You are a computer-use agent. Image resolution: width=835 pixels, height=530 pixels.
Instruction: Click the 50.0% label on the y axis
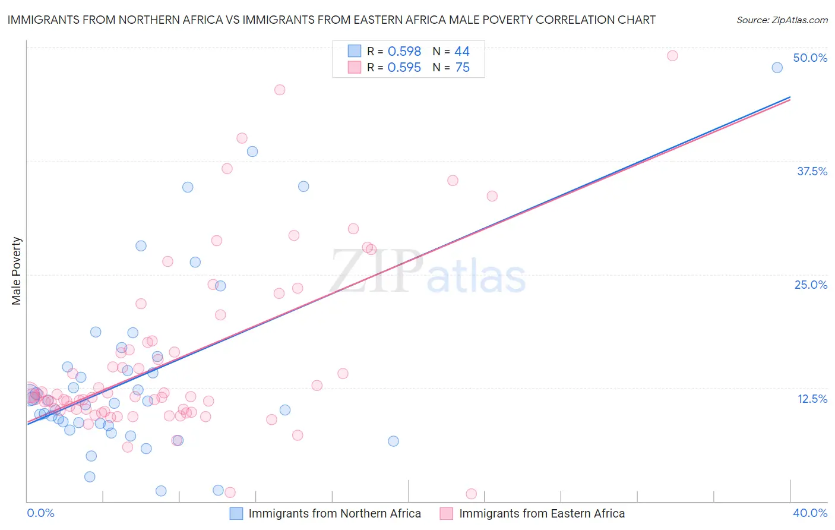[810, 58]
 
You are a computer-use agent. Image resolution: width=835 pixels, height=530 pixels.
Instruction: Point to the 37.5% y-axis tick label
[812, 171]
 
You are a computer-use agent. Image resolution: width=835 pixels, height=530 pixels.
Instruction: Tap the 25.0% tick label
[811, 285]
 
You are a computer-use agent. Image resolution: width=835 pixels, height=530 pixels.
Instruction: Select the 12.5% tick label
[812, 399]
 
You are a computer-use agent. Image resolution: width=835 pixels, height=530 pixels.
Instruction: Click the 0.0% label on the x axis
[40, 513]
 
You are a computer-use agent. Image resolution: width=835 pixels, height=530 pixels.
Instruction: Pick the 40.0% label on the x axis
[810, 513]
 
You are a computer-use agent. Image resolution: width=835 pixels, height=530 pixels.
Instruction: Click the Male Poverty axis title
[17, 271]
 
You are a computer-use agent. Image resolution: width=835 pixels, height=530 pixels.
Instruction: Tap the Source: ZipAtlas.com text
[782, 20]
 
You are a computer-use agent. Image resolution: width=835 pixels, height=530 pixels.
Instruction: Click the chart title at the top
[331, 20]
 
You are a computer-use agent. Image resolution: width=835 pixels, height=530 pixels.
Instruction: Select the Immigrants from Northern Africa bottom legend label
[334, 513]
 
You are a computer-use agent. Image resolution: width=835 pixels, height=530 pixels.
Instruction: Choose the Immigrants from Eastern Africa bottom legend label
[542, 513]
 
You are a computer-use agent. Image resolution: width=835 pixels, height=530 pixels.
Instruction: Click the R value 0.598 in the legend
[404, 52]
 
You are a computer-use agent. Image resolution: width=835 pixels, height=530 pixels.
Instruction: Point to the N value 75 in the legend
[462, 68]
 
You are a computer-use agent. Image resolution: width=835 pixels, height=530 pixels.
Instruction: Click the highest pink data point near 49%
[672, 56]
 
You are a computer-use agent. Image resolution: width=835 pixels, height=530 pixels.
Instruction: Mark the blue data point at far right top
[777, 68]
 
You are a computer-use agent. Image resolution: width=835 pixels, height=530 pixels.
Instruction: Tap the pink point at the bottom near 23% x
[471, 494]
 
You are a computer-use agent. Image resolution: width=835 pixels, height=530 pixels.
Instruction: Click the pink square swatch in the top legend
[355, 67]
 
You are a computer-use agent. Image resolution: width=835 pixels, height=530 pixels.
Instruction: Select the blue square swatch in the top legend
[355, 51]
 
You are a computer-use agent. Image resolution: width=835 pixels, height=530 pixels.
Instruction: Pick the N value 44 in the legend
[462, 52]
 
